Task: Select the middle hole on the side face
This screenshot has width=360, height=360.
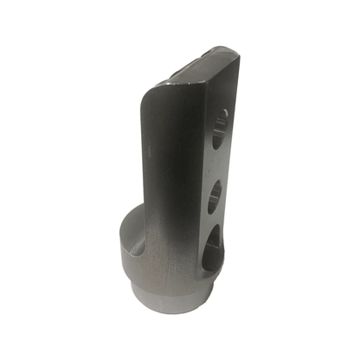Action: (215, 194)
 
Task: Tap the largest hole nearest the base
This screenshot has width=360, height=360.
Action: (213, 246)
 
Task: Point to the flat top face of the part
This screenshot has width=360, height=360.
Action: (202, 68)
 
